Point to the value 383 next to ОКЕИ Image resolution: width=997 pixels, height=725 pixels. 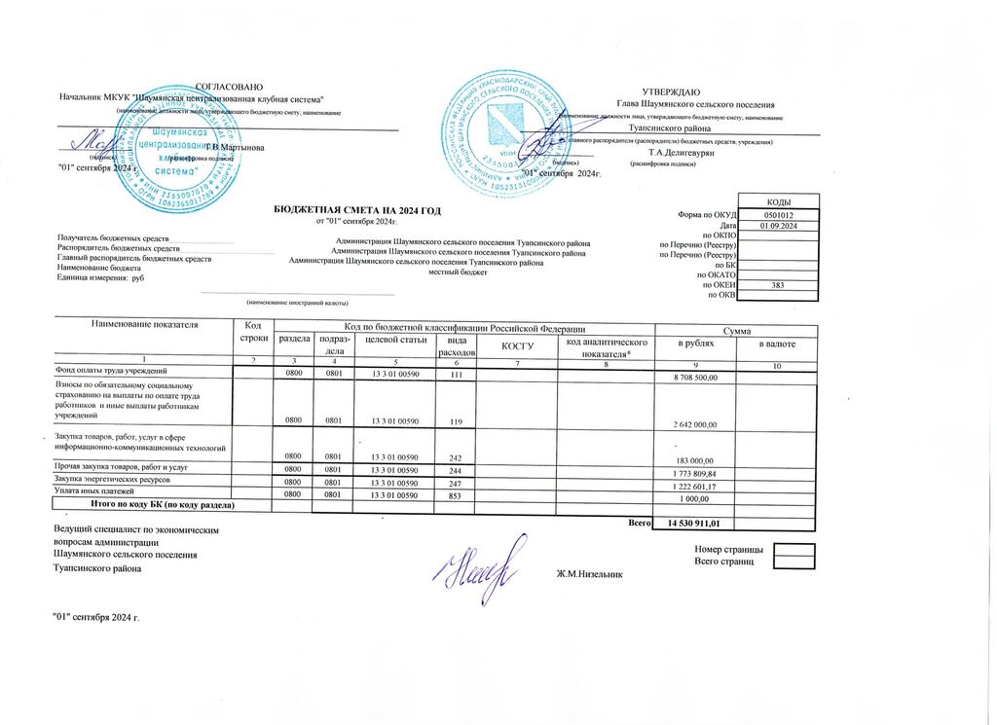(777, 284)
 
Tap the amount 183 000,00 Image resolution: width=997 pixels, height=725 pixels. (694, 460)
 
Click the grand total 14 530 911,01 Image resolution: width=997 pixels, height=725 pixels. (694, 525)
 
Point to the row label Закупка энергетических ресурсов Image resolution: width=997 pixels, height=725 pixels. (113, 481)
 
